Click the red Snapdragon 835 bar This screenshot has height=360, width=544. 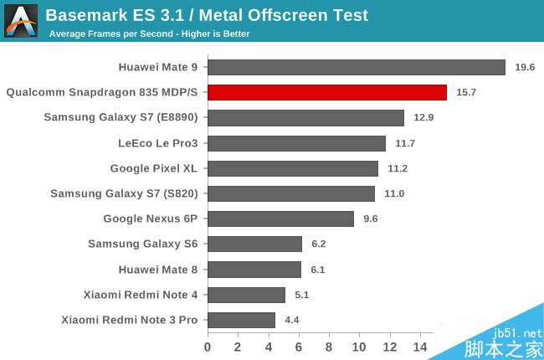[326, 92]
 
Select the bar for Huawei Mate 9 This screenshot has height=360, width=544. [356, 67]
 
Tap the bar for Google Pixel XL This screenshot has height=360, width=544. [292, 168]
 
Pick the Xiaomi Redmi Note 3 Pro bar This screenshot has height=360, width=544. [241, 320]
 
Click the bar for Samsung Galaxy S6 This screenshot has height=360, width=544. [254, 244]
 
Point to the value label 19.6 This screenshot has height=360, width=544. [525, 67]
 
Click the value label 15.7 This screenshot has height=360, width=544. [466, 92]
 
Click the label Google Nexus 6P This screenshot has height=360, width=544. [150, 219]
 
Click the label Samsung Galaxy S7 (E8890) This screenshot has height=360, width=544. [121, 117]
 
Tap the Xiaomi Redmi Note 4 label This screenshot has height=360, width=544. [141, 295]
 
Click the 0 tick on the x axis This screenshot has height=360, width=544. [208, 346]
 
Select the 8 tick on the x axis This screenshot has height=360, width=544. [329, 346]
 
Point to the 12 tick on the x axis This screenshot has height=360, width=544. [390, 346]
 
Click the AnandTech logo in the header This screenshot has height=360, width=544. [20, 20]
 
